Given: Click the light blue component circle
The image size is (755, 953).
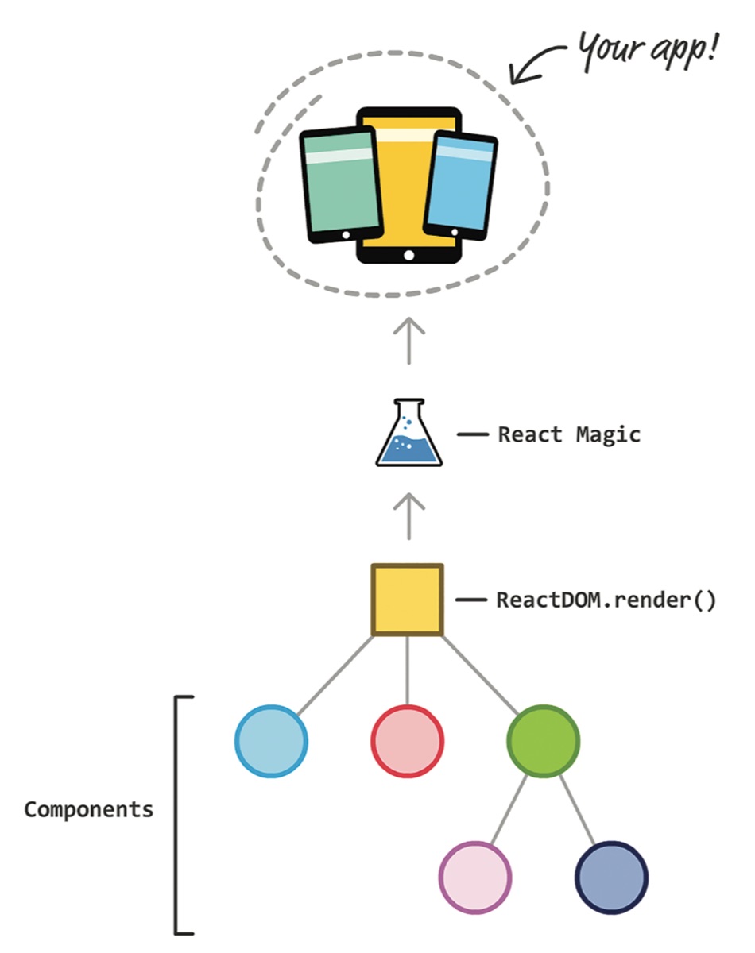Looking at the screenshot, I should point(271,742).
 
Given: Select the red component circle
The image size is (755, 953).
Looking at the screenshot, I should point(407,742).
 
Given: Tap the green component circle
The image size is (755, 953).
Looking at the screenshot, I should point(544,742).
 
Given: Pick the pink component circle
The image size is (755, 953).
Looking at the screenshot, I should point(475,878).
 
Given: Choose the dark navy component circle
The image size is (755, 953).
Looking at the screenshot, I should point(611,878).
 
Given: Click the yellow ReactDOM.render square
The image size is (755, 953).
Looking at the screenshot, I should point(408,600).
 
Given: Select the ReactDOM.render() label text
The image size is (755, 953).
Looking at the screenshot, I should point(606,600).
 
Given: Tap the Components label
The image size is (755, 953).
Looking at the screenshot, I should point(88,810).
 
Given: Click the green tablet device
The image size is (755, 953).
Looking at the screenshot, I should point(340,184).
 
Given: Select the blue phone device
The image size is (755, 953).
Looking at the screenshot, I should point(461,184).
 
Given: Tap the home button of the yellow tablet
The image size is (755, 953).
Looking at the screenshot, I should point(408,255).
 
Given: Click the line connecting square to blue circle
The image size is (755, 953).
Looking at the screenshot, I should point(335,675).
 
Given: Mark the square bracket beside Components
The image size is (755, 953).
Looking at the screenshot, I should point(180,815).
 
